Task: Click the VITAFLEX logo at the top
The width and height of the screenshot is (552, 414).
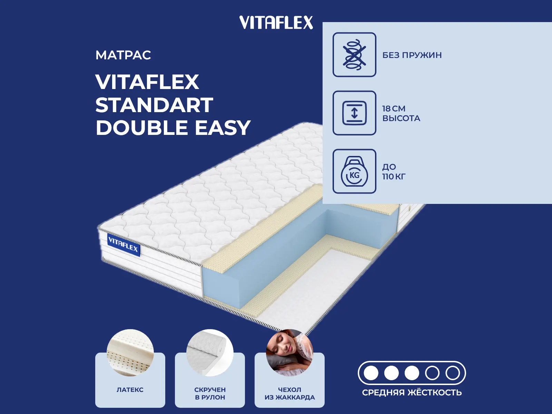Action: click(x=276, y=23)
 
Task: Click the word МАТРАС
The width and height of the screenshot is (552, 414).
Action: click(x=123, y=55)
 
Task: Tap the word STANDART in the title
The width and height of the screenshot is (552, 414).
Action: click(x=154, y=105)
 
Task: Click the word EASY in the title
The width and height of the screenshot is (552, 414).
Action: click(x=223, y=128)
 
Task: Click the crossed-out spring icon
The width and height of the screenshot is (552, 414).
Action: click(x=354, y=55)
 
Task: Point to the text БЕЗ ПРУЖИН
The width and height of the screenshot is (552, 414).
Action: click(x=412, y=55)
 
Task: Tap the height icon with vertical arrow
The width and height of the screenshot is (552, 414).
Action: click(x=354, y=113)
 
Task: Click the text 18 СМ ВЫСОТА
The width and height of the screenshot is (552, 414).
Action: click(x=401, y=113)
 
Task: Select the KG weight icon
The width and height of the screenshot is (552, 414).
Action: click(x=354, y=171)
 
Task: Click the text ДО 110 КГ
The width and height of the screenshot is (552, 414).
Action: click(x=394, y=171)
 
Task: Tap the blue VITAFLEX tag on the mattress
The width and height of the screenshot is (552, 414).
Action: click(x=123, y=245)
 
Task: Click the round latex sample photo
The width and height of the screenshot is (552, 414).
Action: click(x=130, y=353)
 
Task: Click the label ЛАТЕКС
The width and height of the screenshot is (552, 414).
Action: click(x=130, y=390)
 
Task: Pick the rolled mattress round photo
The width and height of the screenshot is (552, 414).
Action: click(x=210, y=353)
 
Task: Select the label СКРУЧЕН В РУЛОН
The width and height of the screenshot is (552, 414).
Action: click(x=210, y=393)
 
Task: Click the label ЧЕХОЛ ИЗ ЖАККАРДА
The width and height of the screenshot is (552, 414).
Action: click(x=289, y=393)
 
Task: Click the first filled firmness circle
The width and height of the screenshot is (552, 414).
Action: click(x=371, y=373)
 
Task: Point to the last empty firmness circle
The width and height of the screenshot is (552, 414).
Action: click(x=452, y=373)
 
